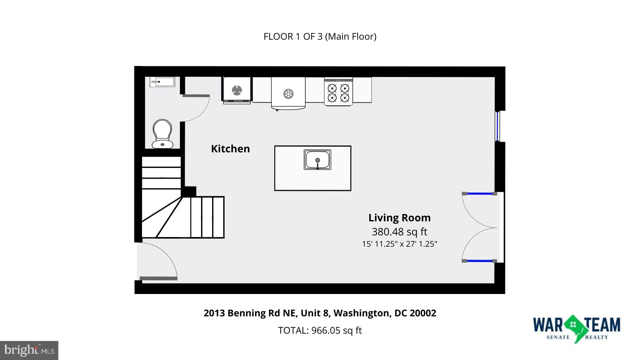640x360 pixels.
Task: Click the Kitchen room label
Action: (x=230, y=149)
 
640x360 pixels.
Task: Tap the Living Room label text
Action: (x=399, y=218)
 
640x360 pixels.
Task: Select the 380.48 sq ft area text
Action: (x=399, y=231)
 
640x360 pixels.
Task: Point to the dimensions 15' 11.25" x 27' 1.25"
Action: (x=399, y=244)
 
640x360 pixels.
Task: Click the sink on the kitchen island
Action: (x=317, y=160)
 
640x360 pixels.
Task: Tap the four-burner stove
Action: (x=338, y=92)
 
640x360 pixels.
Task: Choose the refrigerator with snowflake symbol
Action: (x=288, y=93)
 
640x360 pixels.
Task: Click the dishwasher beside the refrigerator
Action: (x=237, y=90)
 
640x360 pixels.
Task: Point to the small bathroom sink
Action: (x=162, y=82)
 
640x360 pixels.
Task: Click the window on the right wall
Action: (x=498, y=126)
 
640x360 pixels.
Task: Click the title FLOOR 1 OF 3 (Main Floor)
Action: (x=320, y=36)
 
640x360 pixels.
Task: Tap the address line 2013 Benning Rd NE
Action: (x=320, y=313)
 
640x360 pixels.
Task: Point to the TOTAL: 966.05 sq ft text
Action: (x=320, y=330)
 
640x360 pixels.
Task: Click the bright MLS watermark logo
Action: (x=29, y=350)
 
